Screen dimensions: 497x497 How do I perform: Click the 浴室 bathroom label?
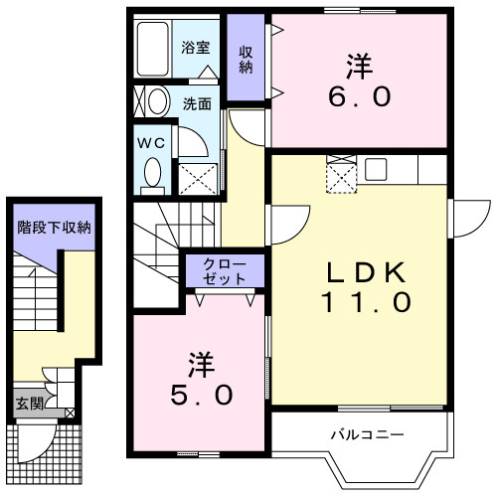pos(196,47)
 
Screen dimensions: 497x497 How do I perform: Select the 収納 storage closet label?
pos(245,60)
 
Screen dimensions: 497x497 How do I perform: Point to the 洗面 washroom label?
pos(196,102)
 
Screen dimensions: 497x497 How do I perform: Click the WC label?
pos(151,141)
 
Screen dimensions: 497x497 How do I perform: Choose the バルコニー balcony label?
pos(368,434)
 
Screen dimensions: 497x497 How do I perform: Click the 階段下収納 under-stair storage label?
pos(54,227)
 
